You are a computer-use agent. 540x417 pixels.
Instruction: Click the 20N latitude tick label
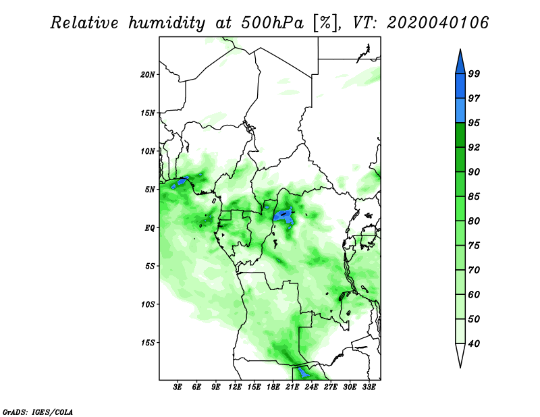(148, 74)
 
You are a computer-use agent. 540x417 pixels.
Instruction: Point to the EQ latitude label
(150, 228)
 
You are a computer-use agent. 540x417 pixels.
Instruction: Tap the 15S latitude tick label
(148, 343)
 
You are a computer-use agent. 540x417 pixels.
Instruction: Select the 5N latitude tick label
(150, 190)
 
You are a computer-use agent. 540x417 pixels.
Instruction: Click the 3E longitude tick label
(178, 387)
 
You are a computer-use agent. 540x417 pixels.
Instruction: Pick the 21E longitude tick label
(292, 387)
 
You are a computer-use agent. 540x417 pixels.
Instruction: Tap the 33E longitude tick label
(369, 387)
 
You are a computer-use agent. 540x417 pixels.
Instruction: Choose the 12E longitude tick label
(235, 387)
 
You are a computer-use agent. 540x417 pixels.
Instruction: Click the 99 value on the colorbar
(474, 74)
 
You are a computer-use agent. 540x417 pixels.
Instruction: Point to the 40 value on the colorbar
(474, 343)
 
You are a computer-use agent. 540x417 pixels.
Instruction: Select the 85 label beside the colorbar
(474, 196)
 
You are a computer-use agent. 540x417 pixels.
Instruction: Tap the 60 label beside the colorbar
(474, 294)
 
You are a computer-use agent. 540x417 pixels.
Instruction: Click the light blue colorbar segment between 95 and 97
(460, 111)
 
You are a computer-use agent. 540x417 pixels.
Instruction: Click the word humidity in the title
(167, 23)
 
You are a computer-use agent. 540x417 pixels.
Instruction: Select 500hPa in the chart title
(273, 23)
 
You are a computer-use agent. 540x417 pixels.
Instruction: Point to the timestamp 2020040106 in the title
(437, 23)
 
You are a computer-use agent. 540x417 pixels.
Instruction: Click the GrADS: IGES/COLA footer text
(38, 412)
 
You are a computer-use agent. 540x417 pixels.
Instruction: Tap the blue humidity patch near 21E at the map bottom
(303, 372)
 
